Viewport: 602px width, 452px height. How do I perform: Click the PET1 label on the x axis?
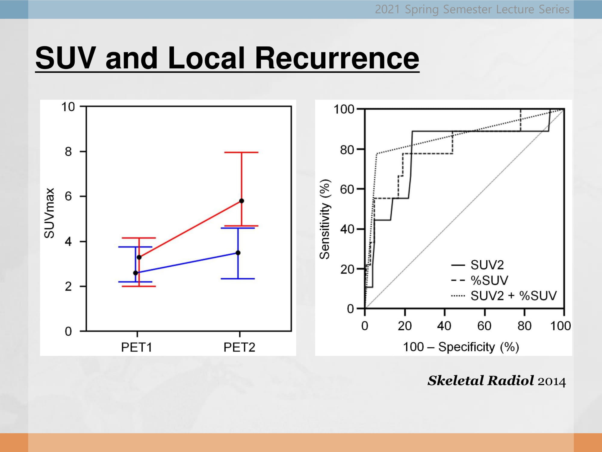tap(136, 347)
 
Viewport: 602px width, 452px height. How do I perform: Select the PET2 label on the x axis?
tap(239, 347)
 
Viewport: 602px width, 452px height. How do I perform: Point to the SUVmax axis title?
tap(49, 213)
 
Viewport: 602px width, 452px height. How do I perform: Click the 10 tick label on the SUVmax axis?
tap(68, 107)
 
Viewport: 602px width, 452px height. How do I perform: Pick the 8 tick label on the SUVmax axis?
tap(68, 152)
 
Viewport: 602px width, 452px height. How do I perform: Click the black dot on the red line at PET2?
tap(241, 201)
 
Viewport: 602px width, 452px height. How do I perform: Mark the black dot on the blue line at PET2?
tap(238, 253)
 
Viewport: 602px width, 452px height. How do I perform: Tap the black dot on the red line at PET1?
tap(139, 257)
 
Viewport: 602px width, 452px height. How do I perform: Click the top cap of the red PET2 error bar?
tap(241, 152)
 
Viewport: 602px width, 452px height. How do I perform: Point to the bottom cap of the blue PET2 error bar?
tap(238, 279)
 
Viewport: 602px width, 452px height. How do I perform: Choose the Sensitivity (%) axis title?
tap(325, 219)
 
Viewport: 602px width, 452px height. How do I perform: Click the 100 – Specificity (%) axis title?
tap(461, 347)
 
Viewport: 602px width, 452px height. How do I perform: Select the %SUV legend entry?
tap(480, 281)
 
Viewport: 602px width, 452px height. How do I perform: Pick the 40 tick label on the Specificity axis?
tap(444, 326)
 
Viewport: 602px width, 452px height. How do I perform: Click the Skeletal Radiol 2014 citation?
tap(497, 381)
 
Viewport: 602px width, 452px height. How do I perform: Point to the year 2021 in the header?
tap(387, 9)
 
